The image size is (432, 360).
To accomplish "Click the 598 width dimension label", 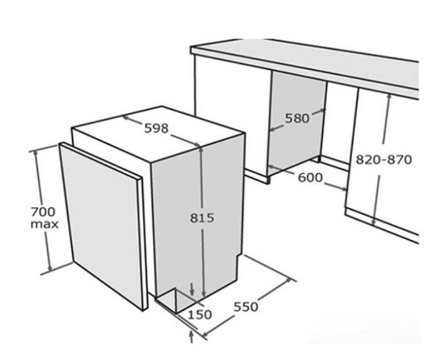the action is (156, 128).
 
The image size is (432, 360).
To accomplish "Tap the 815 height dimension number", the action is (202, 218).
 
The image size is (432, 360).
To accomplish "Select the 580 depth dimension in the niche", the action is (297, 119).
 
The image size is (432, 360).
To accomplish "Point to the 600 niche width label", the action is (310, 177).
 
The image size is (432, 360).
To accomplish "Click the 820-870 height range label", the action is (384, 159).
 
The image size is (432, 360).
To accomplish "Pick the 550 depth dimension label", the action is (246, 307).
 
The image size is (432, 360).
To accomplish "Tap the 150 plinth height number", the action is (199, 314).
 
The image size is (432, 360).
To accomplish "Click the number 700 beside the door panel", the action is (43, 212).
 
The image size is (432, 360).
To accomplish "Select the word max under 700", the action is (44, 224).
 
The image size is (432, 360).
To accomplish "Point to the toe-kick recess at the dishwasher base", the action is (174, 300).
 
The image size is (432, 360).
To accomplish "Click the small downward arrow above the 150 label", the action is (192, 289).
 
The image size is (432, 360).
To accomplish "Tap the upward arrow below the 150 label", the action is (192, 337).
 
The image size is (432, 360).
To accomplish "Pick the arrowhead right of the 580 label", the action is (323, 111).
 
